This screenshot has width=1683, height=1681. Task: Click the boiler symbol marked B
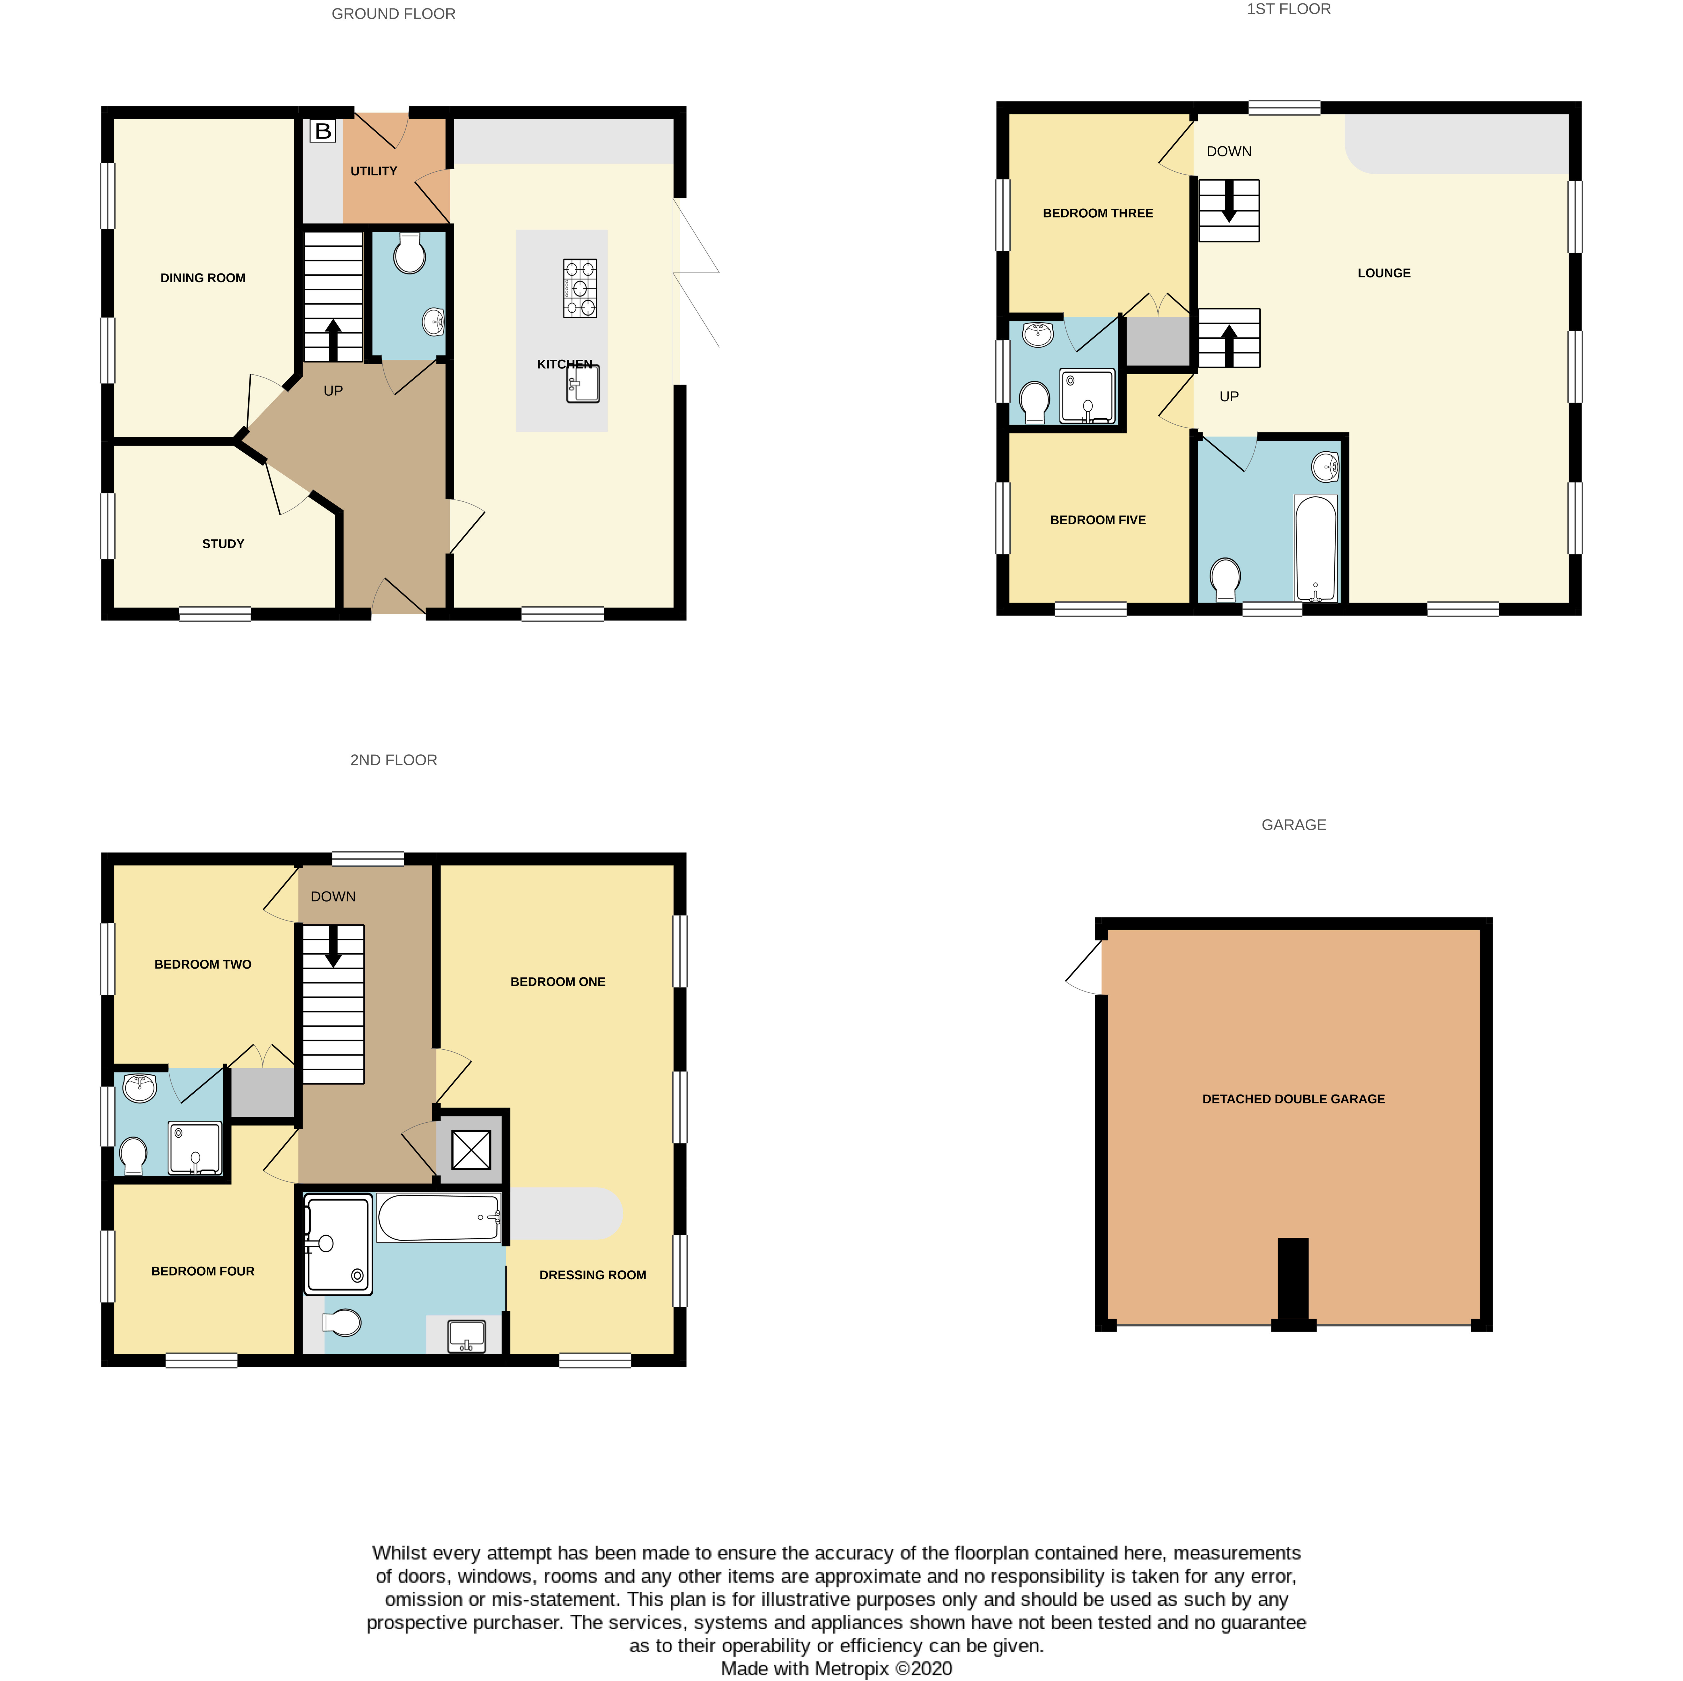click(x=322, y=131)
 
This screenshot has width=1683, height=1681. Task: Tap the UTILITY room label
click(x=374, y=171)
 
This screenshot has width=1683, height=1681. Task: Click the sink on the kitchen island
click(x=583, y=384)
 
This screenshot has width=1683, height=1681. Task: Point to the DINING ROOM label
click(x=203, y=278)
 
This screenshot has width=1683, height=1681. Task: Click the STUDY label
click(x=223, y=544)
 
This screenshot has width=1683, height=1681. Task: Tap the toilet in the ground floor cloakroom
click(x=410, y=253)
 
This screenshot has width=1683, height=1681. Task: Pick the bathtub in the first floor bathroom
click(x=1315, y=548)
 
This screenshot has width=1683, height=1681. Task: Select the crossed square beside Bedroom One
click(x=471, y=1149)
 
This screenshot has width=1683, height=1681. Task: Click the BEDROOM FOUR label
click(x=203, y=1271)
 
